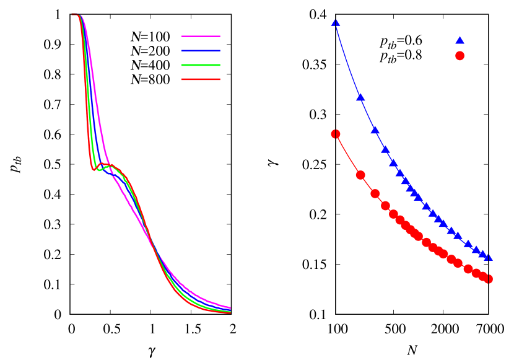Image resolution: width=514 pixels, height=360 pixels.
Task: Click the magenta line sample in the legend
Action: pos(201,36)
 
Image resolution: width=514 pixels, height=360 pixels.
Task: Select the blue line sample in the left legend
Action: pos(201,50)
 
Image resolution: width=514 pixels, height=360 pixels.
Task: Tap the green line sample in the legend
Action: pos(201,64)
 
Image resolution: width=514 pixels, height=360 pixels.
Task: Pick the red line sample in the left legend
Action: pos(201,79)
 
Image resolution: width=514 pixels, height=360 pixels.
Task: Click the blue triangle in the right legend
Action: pos(460,40)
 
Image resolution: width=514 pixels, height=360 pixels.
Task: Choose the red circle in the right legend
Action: pos(460,56)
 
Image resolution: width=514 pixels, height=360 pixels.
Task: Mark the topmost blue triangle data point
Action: pos(336,22)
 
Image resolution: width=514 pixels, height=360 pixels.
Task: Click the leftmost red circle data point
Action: pos(336,134)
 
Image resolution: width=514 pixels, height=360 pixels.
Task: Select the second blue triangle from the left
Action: pos(360,97)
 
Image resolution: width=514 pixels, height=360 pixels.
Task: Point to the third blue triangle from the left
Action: pos(375,130)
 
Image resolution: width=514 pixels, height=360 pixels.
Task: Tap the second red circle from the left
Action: pos(360,175)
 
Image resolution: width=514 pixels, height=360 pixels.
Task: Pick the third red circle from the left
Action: pos(375,193)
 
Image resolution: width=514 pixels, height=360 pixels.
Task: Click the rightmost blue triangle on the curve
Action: pos(489,258)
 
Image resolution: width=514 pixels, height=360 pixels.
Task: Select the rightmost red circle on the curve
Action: pos(489,279)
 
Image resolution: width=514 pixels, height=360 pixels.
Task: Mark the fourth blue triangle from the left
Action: pos(385,149)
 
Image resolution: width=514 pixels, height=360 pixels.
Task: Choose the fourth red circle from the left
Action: pos(385,206)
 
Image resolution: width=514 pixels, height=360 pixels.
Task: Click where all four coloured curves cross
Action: pos(153,246)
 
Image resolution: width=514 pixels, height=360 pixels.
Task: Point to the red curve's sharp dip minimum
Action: pos(95,169)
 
